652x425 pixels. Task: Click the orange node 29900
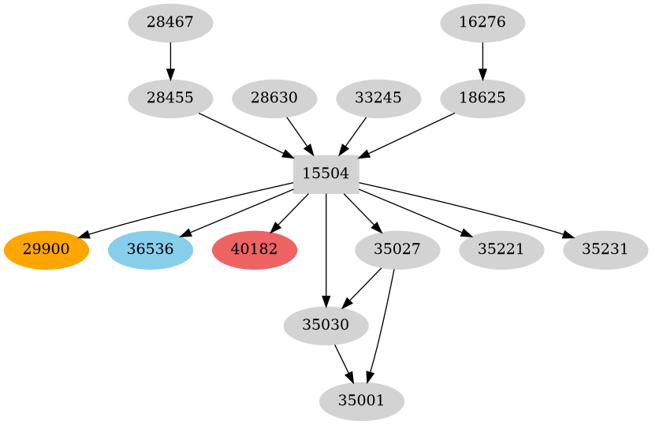(46, 250)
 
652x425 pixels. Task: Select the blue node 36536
(150, 250)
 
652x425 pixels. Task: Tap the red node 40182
(254, 250)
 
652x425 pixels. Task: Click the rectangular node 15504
(326, 174)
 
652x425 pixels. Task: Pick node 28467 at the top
(170, 23)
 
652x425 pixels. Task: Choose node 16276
(482, 23)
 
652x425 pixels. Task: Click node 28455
(170, 99)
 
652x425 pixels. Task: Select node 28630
(274, 99)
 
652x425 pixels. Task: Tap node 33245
(378, 99)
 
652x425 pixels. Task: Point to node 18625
(482, 99)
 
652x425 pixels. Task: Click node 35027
(397, 250)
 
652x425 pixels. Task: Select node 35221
(501, 250)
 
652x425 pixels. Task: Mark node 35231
(605, 250)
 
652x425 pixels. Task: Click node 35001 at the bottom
(361, 401)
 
